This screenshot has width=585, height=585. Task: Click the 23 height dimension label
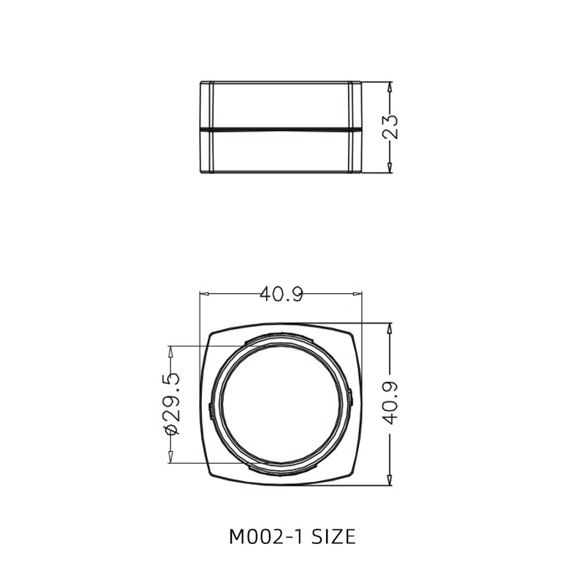point(391,127)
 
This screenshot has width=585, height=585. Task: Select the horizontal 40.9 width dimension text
point(281,294)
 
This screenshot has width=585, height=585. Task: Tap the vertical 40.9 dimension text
point(391,403)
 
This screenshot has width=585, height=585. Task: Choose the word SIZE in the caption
point(334,537)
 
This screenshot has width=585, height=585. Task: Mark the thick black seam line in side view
point(281,128)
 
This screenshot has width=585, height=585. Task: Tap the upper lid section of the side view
point(281,104)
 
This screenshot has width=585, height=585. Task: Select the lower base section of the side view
point(281,152)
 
